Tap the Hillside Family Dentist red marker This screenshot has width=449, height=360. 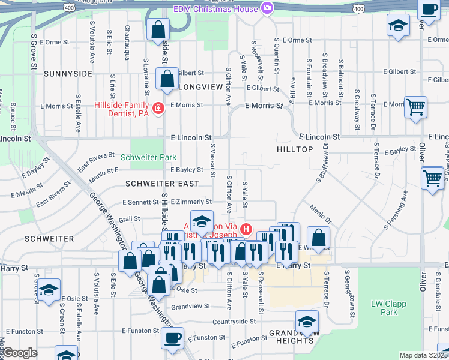158,109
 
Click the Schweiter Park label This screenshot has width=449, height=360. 148,157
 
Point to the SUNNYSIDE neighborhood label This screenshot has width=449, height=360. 68,74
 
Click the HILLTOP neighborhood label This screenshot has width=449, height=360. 296,148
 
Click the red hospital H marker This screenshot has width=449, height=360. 246,229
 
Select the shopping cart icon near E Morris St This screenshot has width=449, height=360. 415,107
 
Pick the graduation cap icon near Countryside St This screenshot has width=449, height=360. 307,322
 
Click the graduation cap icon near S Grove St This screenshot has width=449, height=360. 49,289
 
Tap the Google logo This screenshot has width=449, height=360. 19,353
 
